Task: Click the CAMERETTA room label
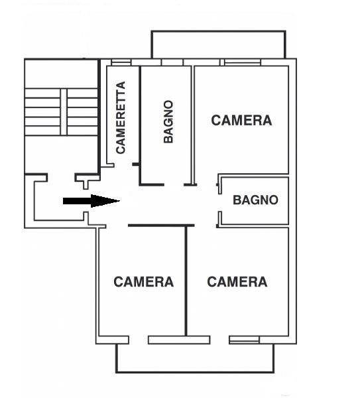(121, 117)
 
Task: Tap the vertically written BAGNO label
(168, 122)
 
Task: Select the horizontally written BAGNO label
(255, 200)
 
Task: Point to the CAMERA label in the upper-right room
(241, 120)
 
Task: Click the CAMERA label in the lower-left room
(144, 282)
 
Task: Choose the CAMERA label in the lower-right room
(237, 282)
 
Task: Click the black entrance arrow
(91, 201)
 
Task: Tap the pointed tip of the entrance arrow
(120, 201)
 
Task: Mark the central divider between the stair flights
(64, 112)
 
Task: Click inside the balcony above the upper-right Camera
(218, 44)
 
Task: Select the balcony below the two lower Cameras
(195, 358)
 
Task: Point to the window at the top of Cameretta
(121, 62)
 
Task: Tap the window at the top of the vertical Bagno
(172, 62)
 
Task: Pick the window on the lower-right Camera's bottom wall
(244, 340)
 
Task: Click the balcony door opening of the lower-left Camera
(139, 340)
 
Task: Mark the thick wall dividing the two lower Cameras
(186, 281)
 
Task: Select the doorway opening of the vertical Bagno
(174, 184)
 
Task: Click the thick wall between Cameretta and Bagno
(140, 125)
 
